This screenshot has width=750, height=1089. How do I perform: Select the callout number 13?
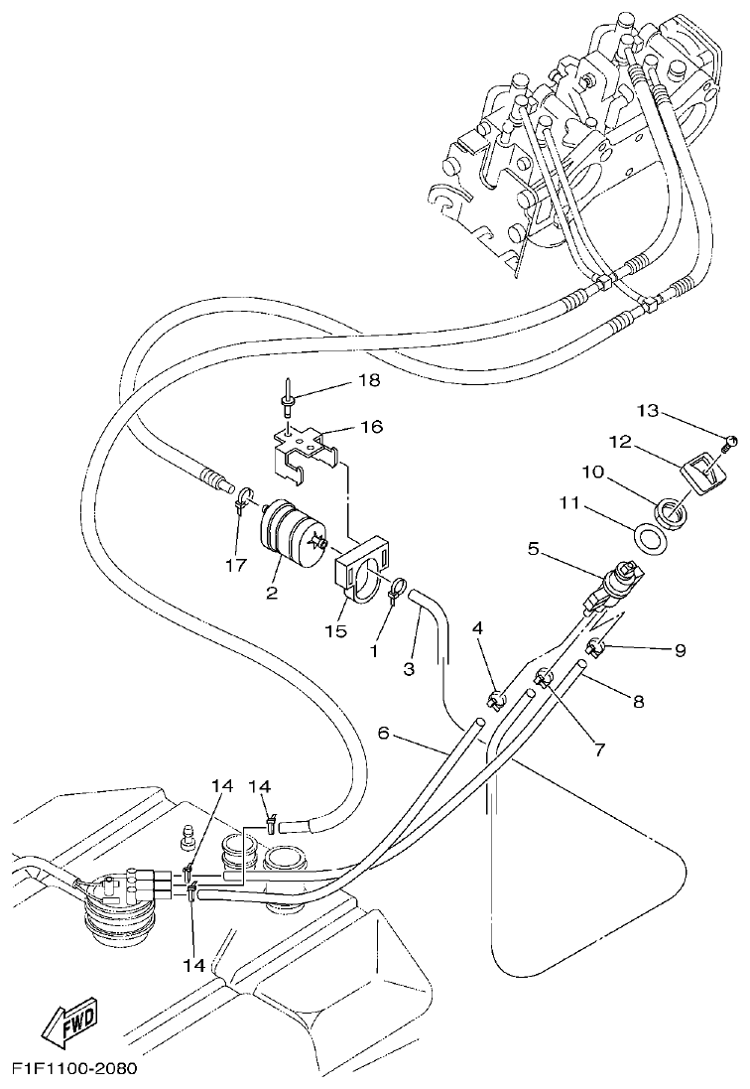tap(676, 410)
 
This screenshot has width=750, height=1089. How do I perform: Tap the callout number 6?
tap(384, 734)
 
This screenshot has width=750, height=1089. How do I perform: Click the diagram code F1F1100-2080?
tap(73, 1069)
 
